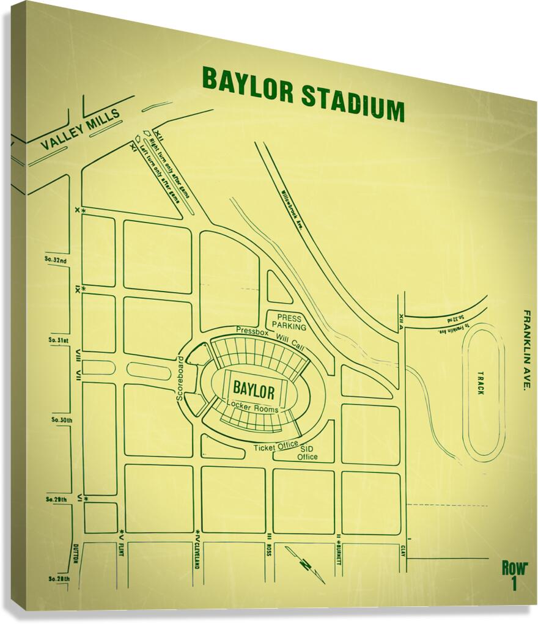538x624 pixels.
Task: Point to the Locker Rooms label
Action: (x=252, y=408)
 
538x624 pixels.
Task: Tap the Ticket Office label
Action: (x=276, y=447)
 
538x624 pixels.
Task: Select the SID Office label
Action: (x=307, y=453)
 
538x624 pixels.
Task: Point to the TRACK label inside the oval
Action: (x=481, y=383)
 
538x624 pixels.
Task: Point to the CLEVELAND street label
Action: (x=197, y=552)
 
